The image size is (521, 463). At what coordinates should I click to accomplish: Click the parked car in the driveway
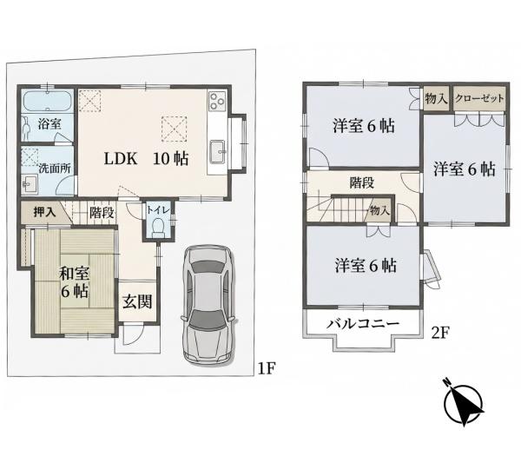click(208, 305)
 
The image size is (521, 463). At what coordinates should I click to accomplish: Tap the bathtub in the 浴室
click(47, 102)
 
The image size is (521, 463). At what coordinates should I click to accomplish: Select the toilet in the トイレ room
click(157, 227)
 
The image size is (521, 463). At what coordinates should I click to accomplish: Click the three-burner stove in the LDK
click(217, 101)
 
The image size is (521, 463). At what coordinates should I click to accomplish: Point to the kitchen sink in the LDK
click(217, 152)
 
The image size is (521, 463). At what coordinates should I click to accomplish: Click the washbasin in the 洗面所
click(30, 184)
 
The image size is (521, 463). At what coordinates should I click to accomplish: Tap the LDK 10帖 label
click(146, 159)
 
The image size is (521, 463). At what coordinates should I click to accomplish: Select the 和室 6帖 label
click(75, 282)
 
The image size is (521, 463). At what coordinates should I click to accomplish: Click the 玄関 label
click(137, 301)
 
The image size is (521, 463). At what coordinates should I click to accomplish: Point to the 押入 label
click(44, 212)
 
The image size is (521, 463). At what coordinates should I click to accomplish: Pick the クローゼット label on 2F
click(479, 98)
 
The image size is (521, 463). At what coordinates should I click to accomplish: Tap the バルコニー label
click(362, 323)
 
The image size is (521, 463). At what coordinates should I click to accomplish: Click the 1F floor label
click(267, 368)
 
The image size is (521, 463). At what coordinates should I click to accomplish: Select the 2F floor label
click(440, 333)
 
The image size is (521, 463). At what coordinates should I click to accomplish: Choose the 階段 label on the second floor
click(362, 182)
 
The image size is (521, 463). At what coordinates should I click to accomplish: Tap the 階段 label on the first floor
click(102, 213)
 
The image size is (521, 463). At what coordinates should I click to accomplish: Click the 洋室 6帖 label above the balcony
click(366, 266)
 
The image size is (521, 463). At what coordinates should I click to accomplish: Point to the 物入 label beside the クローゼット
click(436, 98)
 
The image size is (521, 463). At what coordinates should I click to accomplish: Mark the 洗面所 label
click(55, 169)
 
